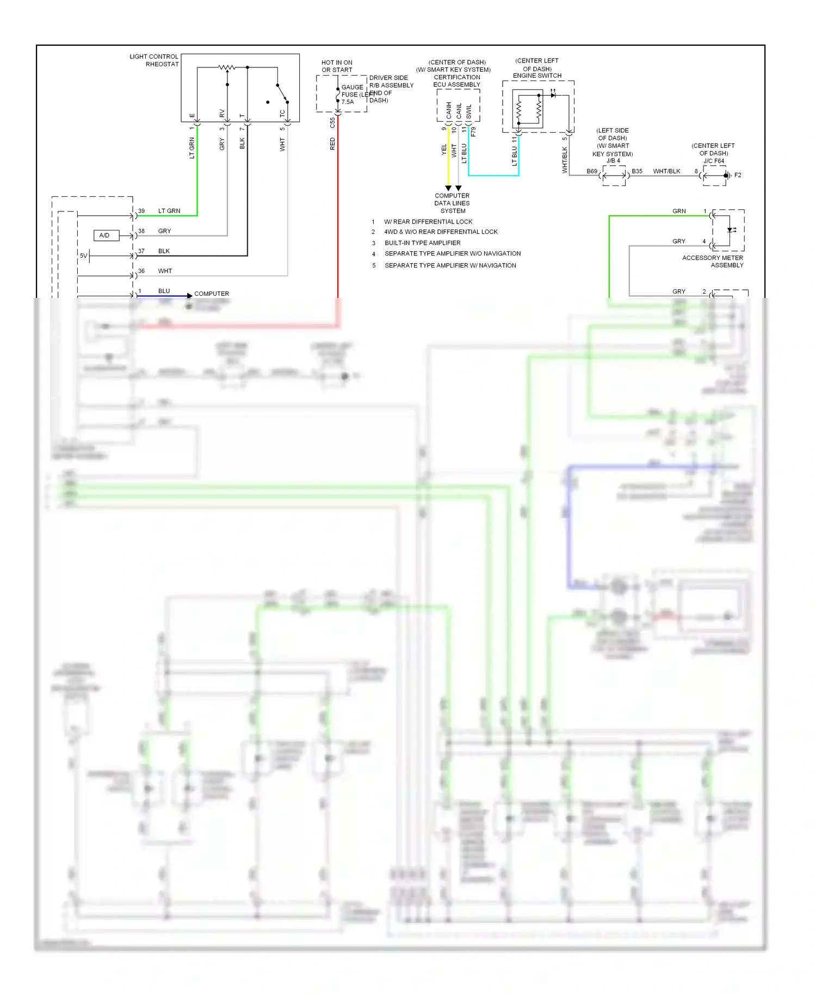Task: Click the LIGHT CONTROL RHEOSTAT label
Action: click(154, 60)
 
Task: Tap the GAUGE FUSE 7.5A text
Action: click(353, 95)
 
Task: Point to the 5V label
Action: click(83, 256)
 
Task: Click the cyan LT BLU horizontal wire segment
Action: click(493, 176)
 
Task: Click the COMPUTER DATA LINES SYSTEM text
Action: click(452, 203)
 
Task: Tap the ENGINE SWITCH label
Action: click(537, 76)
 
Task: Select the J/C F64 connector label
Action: click(714, 161)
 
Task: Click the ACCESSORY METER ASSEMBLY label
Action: click(713, 262)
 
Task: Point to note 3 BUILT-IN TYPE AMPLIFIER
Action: click(422, 243)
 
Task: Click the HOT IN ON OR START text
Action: click(337, 66)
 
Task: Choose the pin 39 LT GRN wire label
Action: click(169, 211)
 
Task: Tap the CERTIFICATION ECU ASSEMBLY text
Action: click(457, 81)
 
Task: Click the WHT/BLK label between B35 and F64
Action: click(666, 171)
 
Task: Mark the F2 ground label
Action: click(738, 175)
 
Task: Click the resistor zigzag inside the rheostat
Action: click(226, 67)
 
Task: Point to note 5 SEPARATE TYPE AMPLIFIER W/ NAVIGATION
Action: click(450, 265)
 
